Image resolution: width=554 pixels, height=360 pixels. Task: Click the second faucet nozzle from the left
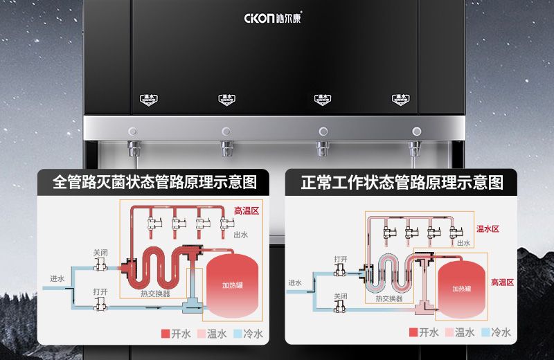tap(226, 147)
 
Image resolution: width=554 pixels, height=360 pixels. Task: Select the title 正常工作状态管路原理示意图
tap(402, 183)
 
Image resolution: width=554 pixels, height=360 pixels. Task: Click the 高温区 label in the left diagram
tap(246, 210)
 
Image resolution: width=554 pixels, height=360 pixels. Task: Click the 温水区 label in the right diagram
tap(488, 228)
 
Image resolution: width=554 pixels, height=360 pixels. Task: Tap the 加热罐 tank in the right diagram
tap(462, 289)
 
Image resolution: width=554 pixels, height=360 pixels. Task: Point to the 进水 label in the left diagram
tap(57, 278)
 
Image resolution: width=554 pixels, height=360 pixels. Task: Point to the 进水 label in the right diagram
tap(295, 282)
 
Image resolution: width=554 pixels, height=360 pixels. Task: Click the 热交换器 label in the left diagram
tap(155, 294)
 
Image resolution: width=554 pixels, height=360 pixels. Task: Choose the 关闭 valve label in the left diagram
tap(100, 253)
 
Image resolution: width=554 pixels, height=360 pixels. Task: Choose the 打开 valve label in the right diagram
tap(341, 259)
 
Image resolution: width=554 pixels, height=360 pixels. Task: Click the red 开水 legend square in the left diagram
tap(165, 334)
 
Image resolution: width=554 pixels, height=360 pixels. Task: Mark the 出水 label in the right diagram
tap(463, 243)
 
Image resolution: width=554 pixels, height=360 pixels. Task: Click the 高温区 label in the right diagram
tap(502, 282)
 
